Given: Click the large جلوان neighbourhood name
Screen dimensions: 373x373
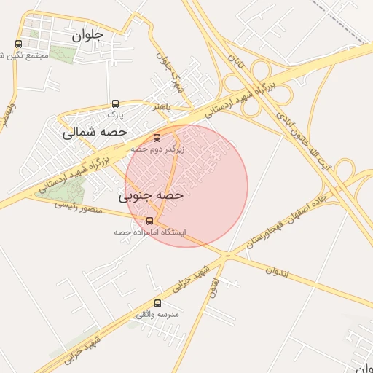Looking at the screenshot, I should point(88,34).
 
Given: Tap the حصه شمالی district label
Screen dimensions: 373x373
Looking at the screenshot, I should point(95,133).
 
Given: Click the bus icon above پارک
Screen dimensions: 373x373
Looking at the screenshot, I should point(116,103).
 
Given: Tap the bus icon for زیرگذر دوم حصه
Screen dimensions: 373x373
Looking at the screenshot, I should point(157,137).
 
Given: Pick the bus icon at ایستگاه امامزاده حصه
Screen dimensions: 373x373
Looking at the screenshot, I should point(149,221).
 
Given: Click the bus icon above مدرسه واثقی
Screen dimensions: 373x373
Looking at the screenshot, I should point(157,303).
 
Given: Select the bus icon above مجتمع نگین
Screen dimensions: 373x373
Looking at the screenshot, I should point(18,44).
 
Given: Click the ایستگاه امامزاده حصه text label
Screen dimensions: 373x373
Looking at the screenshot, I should point(149,232).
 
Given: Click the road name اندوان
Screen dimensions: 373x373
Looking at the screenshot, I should point(278,273).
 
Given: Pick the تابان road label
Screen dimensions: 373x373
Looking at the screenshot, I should point(235,61).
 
